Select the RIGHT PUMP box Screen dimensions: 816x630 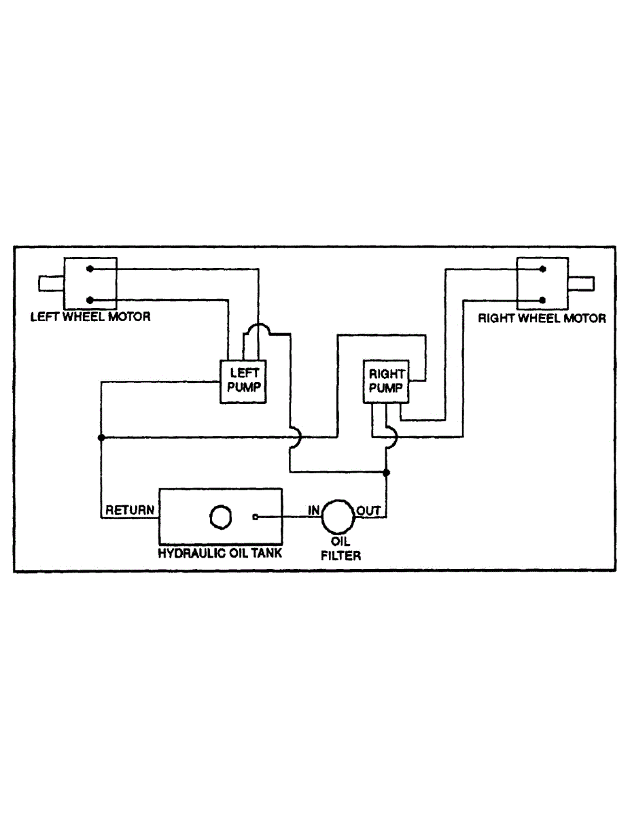click(x=386, y=381)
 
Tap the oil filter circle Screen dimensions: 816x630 click(x=338, y=517)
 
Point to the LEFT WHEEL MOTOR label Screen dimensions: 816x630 click(x=90, y=317)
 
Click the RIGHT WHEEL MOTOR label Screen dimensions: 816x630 click(x=542, y=318)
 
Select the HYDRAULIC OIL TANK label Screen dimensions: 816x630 click(x=220, y=553)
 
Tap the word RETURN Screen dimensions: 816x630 click(x=130, y=510)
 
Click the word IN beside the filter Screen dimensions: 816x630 click(x=314, y=510)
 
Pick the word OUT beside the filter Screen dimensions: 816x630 click(x=368, y=510)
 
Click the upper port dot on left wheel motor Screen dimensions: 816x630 click(x=90, y=269)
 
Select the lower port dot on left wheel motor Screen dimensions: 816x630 click(x=90, y=299)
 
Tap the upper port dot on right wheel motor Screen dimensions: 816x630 click(x=542, y=269)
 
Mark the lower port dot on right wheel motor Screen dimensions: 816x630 click(x=542, y=299)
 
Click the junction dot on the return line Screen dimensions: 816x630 click(x=101, y=437)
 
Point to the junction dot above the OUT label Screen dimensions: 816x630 click(x=386, y=472)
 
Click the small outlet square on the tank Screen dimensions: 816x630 click(x=255, y=517)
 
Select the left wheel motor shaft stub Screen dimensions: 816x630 click(x=51, y=283)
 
